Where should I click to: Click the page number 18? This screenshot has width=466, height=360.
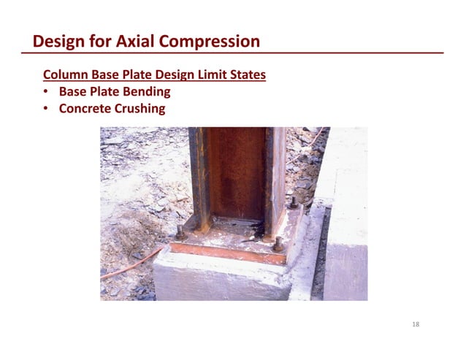click(x=416, y=325)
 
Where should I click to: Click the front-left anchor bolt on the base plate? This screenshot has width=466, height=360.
click(x=180, y=233)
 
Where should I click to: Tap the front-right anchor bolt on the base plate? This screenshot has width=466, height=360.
click(x=278, y=244)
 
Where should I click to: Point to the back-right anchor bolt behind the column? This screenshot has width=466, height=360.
click(x=293, y=202)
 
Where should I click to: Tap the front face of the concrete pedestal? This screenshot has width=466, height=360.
click(x=219, y=281)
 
